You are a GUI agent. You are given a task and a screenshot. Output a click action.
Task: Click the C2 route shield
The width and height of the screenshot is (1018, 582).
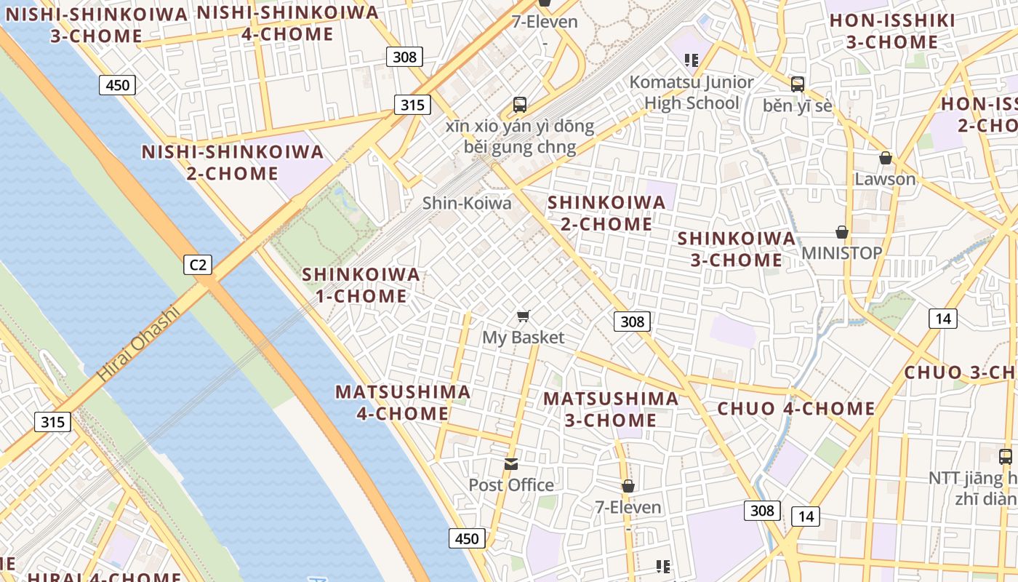pyautogui.click(x=198, y=265)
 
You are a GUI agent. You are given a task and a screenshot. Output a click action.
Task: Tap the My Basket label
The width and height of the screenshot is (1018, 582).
pyautogui.click(x=524, y=338)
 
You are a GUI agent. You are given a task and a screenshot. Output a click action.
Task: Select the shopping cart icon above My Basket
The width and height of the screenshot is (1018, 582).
pyautogui.click(x=524, y=316)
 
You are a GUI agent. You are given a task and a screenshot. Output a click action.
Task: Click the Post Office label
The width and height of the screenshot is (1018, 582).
pyautogui.click(x=511, y=485)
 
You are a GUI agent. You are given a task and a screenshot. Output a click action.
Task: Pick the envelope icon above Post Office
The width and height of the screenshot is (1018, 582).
pyautogui.click(x=512, y=464)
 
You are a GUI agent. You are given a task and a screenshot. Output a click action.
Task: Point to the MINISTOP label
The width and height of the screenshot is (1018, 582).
pyautogui.click(x=842, y=253)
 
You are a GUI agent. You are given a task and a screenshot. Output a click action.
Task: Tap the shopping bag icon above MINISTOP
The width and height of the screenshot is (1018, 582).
pyautogui.click(x=842, y=232)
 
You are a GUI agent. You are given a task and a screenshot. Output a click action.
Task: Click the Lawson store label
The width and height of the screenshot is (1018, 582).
pyautogui.click(x=885, y=179)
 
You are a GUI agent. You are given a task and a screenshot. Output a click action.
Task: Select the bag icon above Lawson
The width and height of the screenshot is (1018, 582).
pyautogui.click(x=886, y=158)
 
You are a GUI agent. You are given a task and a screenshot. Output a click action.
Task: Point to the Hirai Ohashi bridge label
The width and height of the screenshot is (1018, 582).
pyautogui.click(x=138, y=345)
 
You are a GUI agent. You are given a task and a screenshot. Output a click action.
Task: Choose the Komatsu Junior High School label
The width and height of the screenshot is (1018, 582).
pyautogui.click(x=692, y=92)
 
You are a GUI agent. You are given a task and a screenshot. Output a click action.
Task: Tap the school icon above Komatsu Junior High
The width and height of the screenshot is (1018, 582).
pyautogui.click(x=692, y=60)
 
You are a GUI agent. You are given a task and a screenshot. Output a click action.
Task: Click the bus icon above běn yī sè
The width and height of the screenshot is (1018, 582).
pyautogui.click(x=798, y=84)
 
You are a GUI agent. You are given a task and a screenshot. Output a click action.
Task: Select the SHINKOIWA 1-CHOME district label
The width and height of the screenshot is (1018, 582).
pyautogui.click(x=361, y=285)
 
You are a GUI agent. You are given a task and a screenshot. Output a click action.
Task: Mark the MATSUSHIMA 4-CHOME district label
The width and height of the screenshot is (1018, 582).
pyautogui.click(x=402, y=402)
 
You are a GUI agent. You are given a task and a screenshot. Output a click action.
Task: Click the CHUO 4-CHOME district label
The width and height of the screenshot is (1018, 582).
pyautogui.click(x=796, y=409)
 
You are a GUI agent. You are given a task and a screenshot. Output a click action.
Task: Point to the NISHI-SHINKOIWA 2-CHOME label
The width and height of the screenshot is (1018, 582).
pyautogui.click(x=233, y=163)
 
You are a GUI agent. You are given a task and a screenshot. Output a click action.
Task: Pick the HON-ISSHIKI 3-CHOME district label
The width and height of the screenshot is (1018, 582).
pyautogui.click(x=892, y=31)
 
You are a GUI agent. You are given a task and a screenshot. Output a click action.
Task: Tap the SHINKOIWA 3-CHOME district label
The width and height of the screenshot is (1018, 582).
pyautogui.click(x=737, y=249)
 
